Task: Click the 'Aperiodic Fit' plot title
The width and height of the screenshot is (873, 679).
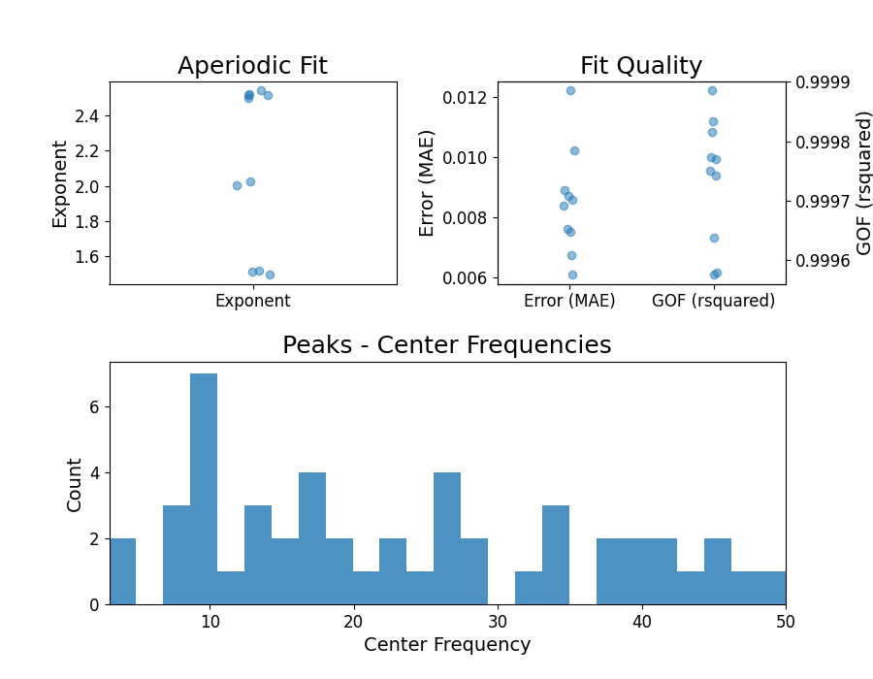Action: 252,66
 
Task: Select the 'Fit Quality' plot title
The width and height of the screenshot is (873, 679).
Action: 641,66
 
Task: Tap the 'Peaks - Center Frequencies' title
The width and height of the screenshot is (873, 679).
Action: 446,345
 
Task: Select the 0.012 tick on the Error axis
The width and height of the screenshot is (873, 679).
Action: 470,97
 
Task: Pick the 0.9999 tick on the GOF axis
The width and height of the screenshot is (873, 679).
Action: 822,82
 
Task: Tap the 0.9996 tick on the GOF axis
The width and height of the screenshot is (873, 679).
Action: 822,261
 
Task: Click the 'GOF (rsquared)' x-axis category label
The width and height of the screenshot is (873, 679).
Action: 713,301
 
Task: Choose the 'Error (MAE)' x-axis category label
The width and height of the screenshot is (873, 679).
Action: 569,301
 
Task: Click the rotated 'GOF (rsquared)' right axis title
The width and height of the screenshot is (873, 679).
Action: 864,182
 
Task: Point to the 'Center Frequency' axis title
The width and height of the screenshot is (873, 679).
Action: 447,645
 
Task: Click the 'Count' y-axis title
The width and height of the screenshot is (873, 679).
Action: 75,483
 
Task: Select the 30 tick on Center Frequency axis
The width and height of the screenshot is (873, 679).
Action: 498,621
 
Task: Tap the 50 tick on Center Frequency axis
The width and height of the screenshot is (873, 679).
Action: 785,621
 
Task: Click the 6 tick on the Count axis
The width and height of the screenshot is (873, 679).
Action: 94,407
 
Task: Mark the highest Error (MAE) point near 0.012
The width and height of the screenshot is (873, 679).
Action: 570,90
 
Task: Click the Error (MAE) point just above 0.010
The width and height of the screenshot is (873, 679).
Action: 574,150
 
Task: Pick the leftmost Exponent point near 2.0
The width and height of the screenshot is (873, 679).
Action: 237,185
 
